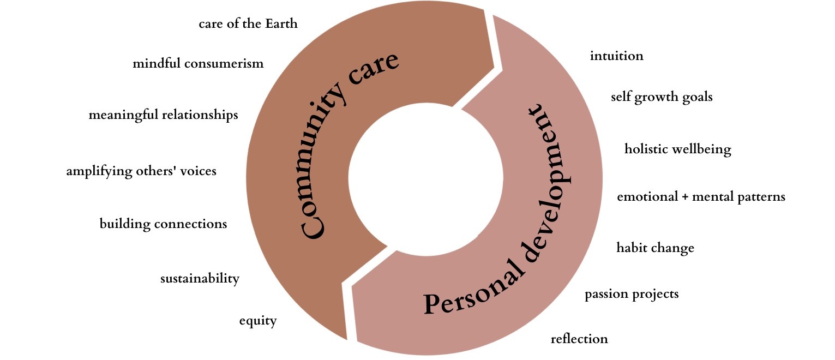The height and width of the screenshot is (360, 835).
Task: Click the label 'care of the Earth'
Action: pos(248,24)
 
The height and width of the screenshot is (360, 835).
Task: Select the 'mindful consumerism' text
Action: pos(198,64)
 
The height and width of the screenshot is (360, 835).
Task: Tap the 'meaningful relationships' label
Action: pos(163,115)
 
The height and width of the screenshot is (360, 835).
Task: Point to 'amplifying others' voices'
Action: pos(141,171)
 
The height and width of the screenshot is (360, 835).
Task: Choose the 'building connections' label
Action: pos(163,224)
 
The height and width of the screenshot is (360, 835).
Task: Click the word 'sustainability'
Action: pos(200,279)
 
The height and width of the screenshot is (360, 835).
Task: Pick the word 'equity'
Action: pos(258,321)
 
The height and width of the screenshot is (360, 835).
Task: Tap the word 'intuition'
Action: pos(616,56)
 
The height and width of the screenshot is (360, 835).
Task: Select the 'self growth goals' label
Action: pos(662,97)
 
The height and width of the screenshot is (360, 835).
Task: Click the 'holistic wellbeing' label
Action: pos(677,149)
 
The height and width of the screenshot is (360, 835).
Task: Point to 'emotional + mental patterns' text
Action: pos(701,196)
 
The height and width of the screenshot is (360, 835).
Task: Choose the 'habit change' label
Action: pos(655,248)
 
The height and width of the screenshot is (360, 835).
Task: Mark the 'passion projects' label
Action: pos(632,295)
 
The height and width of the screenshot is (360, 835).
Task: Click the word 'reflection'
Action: pos(579,339)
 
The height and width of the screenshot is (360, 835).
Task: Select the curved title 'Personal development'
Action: pos(524,229)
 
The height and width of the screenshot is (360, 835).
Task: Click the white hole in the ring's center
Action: pos(425,180)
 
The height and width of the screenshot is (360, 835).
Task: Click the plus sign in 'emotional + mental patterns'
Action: pos(685,197)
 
